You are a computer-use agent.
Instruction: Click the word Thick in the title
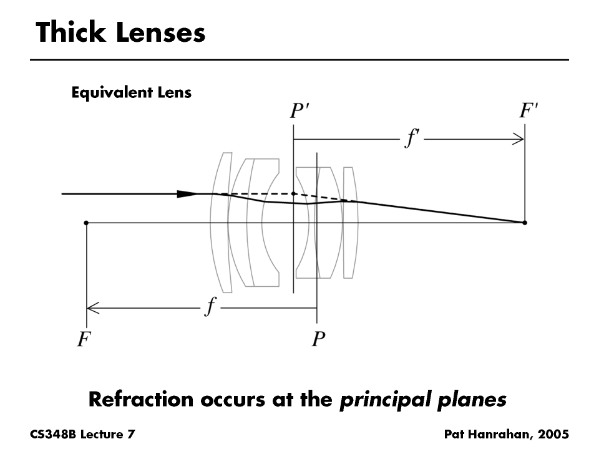click(69, 32)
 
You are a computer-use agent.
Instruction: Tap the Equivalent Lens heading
click(131, 94)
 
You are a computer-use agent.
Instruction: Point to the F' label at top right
click(529, 112)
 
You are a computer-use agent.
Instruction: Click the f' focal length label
click(412, 138)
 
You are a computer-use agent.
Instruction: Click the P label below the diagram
click(318, 340)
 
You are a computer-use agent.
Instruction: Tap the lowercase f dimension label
click(212, 307)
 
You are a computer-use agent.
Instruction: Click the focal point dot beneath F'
click(524, 223)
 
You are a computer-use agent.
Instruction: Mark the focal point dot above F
click(86, 223)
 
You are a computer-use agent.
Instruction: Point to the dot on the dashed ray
click(293, 194)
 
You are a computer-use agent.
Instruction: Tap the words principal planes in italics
click(422, 400)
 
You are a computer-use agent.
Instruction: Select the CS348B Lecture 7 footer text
click(82, 433)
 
